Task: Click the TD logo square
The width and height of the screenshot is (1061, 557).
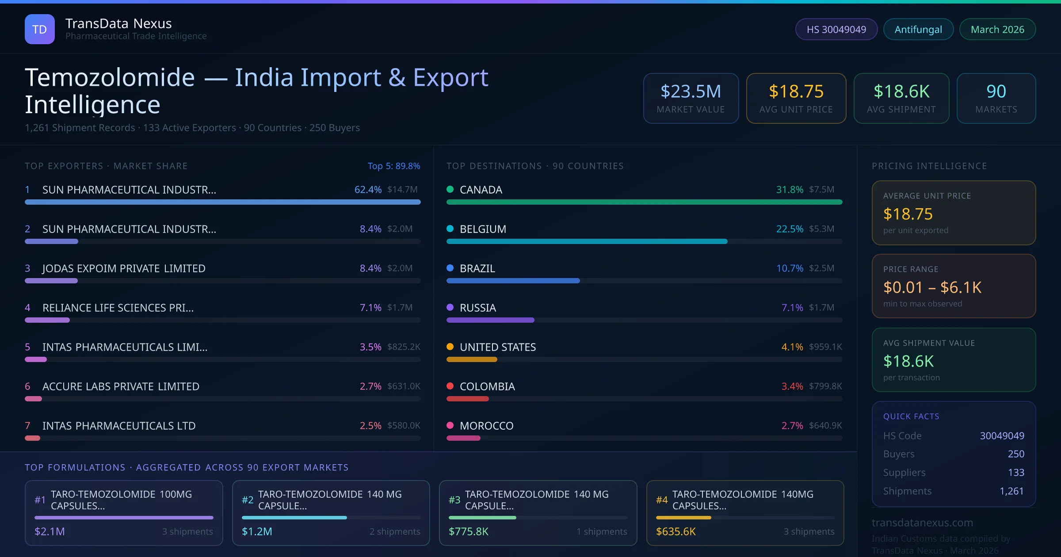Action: click(x=39, y=29)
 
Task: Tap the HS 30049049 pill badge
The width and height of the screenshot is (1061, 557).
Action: click(x=836, y=29)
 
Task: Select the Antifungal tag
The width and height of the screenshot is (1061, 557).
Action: click(x=918, y=29)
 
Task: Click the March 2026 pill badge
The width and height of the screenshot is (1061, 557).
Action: click(x=997, y=29)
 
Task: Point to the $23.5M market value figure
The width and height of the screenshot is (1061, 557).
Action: click(x=691, y=92)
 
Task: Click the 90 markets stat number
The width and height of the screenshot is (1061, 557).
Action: click(x=996, y=92)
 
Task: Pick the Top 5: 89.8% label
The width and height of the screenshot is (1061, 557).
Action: click(x=393, y=166)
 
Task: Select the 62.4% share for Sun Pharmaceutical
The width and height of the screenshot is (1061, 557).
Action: click(x=368, y=190)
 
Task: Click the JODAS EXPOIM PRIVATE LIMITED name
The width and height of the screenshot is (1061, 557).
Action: click(x=124, y=268)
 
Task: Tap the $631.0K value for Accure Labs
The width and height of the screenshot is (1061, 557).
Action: click(x=403, y=386)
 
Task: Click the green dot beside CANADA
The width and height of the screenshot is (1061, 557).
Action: click(x=450, y=189)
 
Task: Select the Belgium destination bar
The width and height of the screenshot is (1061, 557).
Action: click(x=587, y=241)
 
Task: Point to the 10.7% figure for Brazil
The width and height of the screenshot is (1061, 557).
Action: click(x=790, y=268)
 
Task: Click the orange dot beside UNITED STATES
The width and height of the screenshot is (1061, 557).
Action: click(x=450, y=347)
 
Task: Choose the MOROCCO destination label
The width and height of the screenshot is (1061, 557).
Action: click(x=486, y=426)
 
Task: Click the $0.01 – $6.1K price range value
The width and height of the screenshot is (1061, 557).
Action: click(x=932, y=287)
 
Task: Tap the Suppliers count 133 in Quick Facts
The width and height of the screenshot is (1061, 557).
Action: click(x=1016, y=473)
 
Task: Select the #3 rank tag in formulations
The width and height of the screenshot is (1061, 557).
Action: click(x=454, y=500)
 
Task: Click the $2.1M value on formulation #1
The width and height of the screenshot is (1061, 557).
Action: click(x=50, y=531)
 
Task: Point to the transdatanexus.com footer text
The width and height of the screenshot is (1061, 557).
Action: click(x=922, y=523)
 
